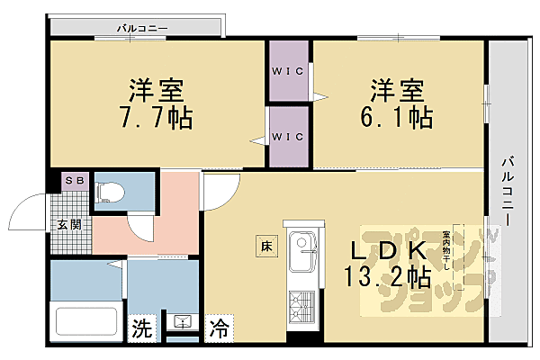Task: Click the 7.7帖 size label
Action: click(157, 117)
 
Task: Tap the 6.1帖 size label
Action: click(396, 117)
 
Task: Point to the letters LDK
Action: click(393, 249)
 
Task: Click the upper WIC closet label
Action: click(288, 72)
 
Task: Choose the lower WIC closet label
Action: click(288, 137)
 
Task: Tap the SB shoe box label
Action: click(72, 181)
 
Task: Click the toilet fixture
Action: click(111, 190)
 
